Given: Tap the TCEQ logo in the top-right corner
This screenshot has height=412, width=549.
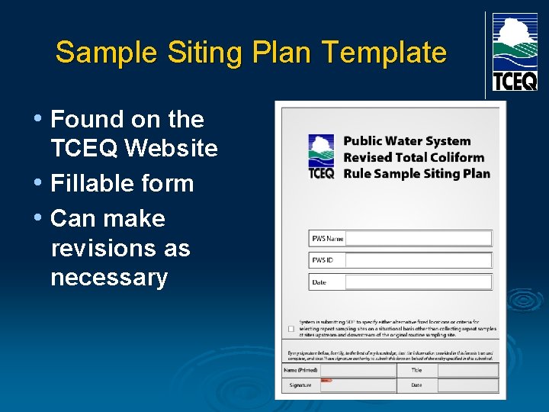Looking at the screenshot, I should click(515, 52).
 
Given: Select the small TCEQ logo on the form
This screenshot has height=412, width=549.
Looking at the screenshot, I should click(321, 156).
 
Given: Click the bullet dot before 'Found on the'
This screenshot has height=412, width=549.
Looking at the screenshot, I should click(38, 118).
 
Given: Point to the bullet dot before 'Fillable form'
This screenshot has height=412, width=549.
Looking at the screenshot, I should click(38, 183).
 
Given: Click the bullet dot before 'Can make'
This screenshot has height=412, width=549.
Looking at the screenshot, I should click(38, 218).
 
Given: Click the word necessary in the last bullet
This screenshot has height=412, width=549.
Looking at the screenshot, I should click(109, 277).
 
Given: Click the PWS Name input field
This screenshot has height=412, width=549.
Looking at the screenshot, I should click(419, 239).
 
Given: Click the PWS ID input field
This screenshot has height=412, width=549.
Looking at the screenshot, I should click(419, 260).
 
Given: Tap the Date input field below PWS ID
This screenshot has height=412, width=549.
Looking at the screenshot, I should click(419, 282).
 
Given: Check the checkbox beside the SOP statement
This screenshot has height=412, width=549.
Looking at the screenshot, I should click(291, 329).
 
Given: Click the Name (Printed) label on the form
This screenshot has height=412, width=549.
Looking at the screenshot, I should click(301, 370).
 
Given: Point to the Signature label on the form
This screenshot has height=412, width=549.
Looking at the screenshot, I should click(300, 385).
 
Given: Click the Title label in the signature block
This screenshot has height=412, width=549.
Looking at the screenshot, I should click(417, 370).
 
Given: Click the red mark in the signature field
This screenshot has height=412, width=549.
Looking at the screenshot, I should click(326, 379).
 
